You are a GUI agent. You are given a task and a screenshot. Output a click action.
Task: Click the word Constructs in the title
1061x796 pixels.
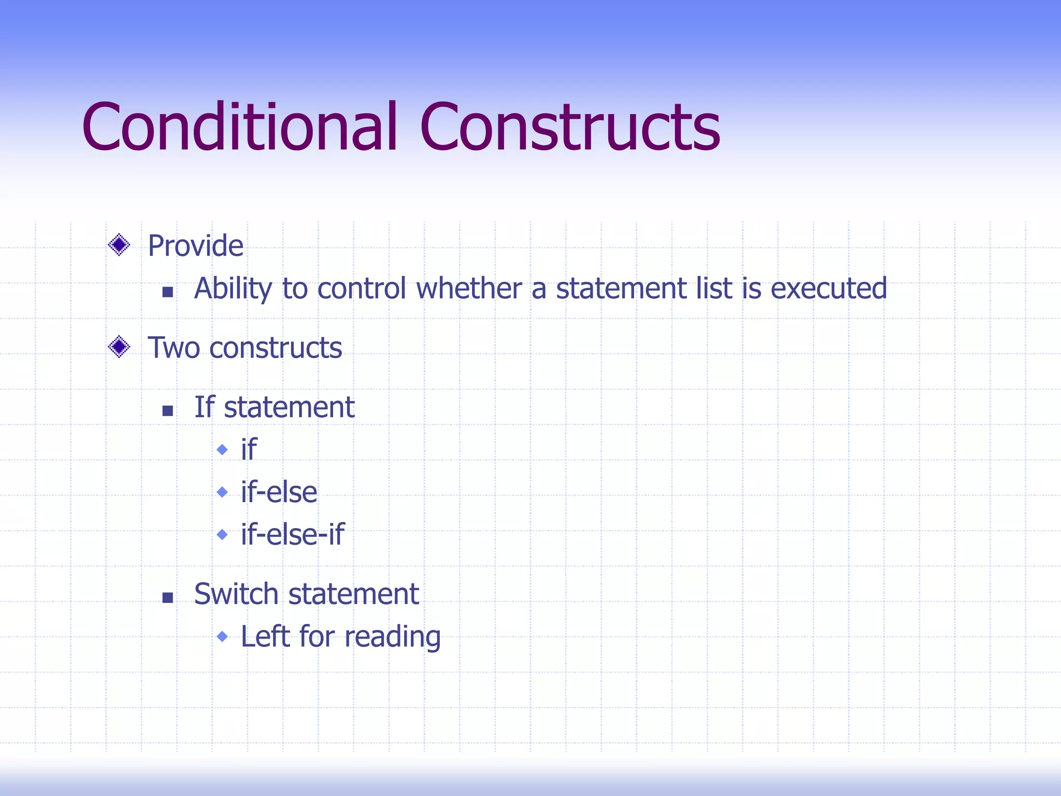570,127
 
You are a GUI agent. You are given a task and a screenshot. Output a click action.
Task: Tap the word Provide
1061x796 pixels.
195,246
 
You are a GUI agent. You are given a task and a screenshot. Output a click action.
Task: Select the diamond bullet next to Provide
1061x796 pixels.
119,245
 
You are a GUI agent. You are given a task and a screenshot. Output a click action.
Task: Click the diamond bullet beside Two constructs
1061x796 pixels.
119,347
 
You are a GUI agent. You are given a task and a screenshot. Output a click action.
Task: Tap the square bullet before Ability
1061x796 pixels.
167,292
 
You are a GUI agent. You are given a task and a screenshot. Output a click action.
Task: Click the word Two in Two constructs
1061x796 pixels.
174,348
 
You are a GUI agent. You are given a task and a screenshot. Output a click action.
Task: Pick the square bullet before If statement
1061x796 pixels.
167,411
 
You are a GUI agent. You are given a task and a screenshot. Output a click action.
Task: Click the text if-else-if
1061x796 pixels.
292,534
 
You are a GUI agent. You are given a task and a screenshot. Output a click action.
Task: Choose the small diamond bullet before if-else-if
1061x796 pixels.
222,534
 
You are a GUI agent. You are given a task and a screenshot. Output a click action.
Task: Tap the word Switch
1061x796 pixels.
236,594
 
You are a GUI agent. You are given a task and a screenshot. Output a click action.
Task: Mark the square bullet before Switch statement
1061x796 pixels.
167,598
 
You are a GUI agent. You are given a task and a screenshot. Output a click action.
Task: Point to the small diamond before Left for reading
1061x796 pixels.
222,636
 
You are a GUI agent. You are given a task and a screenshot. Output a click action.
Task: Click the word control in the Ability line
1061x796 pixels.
362,289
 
